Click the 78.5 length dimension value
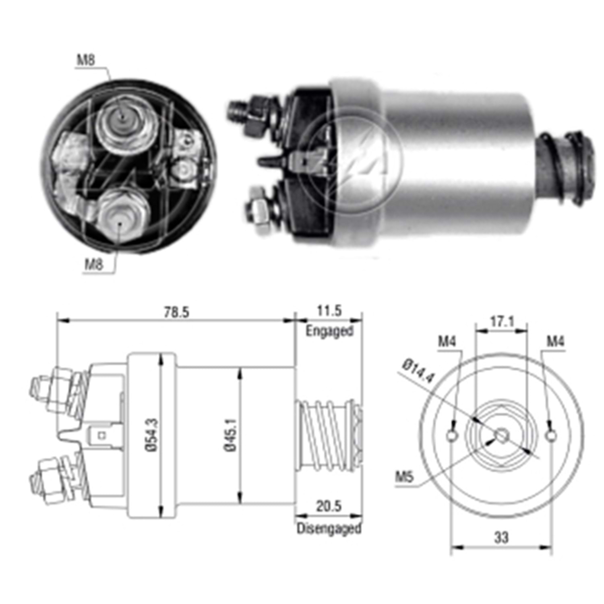(x=176, y=312)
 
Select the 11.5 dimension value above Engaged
(x=329, y=311)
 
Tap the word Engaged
(x=329, y=331)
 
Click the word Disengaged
(x=329, y=528)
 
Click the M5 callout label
(x=404, y=478)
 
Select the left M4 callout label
(x=447, y=342)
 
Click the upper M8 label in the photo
(x=86, y=60)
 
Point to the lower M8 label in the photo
(x=93, y=265)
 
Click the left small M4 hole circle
(x=453, y=435)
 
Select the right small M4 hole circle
(x=550, y=435)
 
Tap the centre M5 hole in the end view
(x=501, y=435)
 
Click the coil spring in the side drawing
(x=324, y=435)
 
